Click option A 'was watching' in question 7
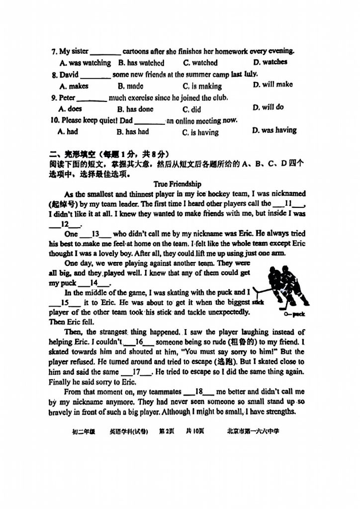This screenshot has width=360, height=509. point(85,63)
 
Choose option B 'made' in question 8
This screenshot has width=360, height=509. point(130,86)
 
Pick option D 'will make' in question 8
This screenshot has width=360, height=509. point(272,85)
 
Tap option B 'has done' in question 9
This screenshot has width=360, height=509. point(135,109)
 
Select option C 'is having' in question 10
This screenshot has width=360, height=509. point(200,133)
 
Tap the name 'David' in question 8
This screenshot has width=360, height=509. point(69,75)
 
